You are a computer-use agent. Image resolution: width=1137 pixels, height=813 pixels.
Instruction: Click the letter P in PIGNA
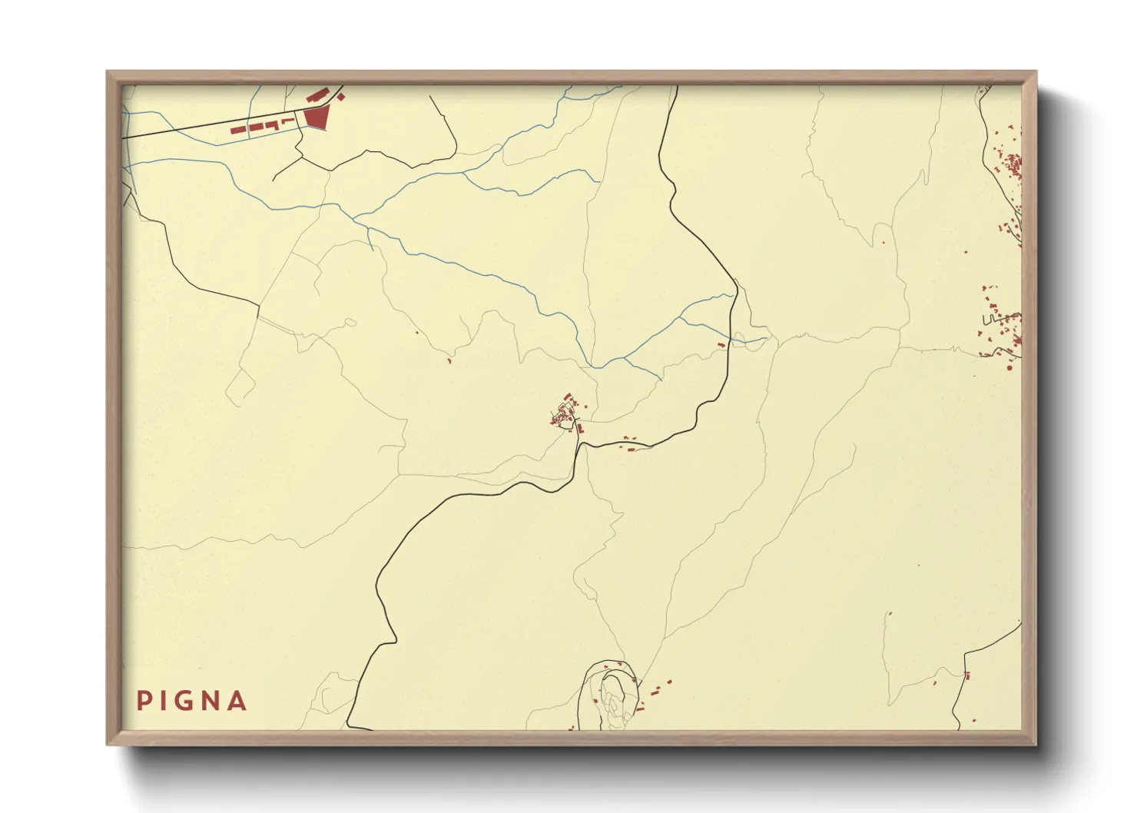143,701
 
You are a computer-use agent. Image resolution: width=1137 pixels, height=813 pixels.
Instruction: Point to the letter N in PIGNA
210,701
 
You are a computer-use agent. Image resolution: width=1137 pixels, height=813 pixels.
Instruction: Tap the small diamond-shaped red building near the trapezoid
341,97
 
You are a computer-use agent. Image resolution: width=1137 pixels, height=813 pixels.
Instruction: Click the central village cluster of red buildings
567,413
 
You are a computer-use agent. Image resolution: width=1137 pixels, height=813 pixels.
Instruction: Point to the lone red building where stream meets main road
721,345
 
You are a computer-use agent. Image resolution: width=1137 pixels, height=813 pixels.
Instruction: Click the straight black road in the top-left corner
207,126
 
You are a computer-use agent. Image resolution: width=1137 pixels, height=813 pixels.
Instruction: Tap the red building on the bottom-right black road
966,675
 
